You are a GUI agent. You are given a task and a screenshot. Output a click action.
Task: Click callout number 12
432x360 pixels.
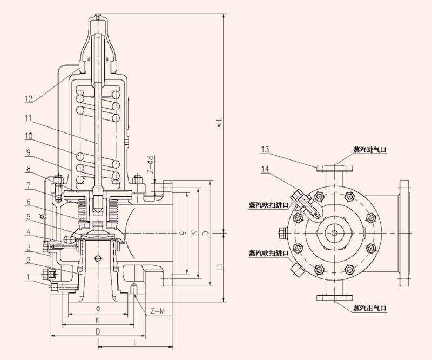29,98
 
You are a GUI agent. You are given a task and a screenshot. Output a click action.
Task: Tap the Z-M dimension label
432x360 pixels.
158,310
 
